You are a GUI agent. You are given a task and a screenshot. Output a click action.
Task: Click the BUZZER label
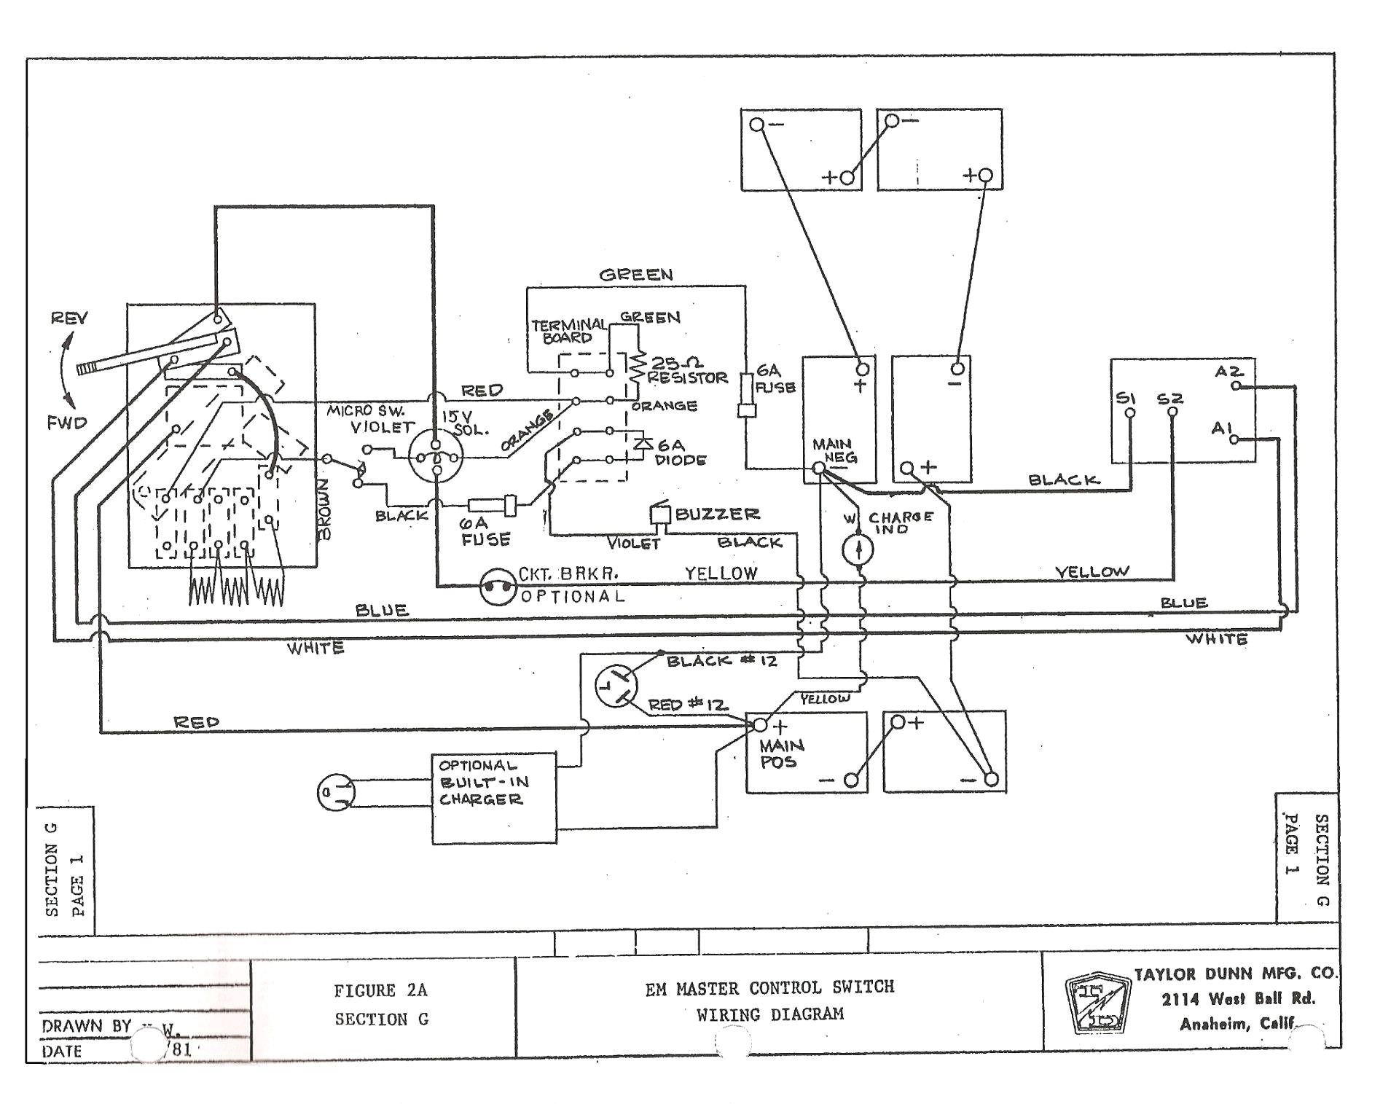(717, 514)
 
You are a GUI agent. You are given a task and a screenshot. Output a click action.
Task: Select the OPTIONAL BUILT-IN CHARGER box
(493, 799)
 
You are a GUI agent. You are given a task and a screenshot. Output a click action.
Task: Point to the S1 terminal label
(1126, 399)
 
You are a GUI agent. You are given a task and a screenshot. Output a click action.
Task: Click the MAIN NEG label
(835, 451)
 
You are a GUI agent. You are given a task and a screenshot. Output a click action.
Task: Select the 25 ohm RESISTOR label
(686, 370)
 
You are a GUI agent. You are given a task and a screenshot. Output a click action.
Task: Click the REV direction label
(69, 318)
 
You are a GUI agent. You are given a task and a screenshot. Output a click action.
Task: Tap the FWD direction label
(67, 423)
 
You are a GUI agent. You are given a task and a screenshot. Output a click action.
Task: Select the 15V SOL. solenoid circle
(436, 457)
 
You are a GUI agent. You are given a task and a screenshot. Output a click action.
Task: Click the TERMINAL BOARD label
(568, 331)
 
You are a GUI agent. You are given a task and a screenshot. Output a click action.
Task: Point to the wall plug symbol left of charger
(336, 792)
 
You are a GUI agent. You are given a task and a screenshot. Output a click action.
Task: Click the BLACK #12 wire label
(721, 661)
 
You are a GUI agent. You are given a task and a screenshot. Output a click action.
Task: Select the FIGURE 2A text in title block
(380, 990)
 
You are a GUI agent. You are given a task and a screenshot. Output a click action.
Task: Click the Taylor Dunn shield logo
(1097, 1002)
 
